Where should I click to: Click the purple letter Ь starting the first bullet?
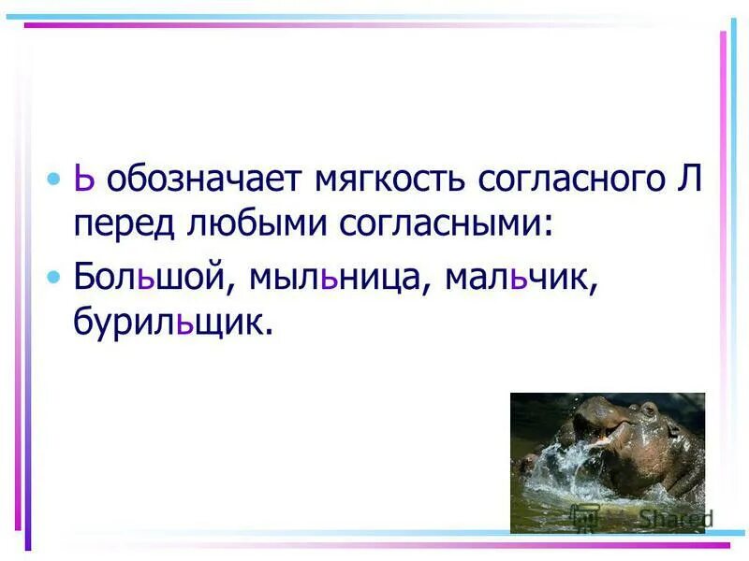(85, 180)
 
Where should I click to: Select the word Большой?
(152, 279)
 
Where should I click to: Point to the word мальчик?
(521, 279)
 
